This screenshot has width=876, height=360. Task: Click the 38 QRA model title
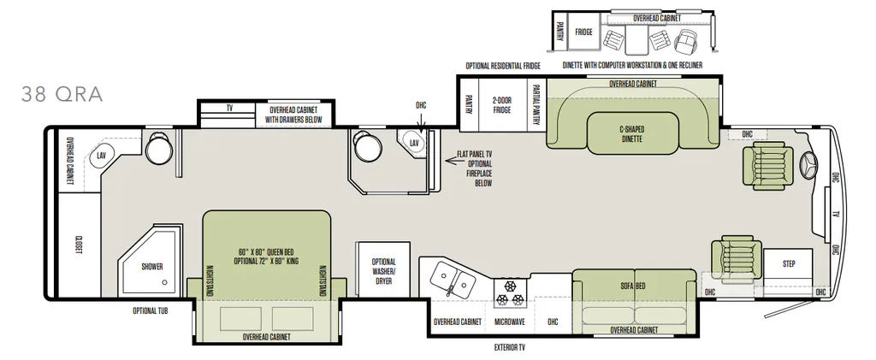point(62,94)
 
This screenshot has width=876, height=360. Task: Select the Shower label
point(152,267)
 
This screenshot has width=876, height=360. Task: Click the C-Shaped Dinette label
point(631,134)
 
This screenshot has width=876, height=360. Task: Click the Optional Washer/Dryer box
point(384,271)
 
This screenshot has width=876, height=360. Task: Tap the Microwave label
point(510,322)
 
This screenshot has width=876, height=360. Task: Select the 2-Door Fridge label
point(501,105)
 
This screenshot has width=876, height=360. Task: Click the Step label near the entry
point(789,264)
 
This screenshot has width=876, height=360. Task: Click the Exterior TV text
point(510,347)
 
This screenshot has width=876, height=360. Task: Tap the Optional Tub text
point(151,311)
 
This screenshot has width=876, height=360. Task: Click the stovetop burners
point(510,293)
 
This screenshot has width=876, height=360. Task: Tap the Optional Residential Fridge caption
point(503,66)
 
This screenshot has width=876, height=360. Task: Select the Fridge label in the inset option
point(583,32)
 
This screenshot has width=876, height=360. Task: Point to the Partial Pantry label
point(536,105)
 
